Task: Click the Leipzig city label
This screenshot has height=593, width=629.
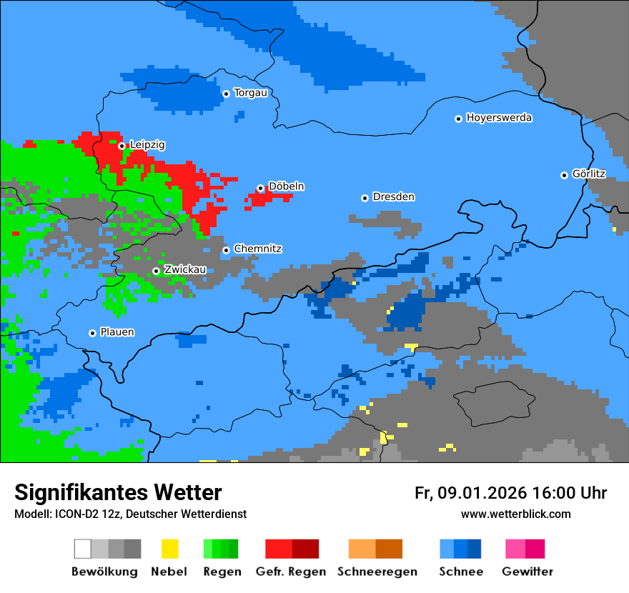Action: tap(147, 145)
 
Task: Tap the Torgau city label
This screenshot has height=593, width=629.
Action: tap(250, 93)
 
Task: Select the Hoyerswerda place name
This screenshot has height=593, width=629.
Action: tap(499, 118)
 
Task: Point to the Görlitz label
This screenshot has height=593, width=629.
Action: tap(589, 174)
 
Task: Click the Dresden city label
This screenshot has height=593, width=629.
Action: tap(393, 197)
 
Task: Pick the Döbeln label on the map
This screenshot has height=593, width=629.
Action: tap(286, 186)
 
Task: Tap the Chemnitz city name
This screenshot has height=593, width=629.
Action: tap(257, 249)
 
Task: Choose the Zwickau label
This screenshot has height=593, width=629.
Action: tap(185, 270)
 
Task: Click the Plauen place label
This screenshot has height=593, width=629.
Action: tap(117, 332)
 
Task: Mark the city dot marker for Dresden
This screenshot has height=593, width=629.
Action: tap(365, 198)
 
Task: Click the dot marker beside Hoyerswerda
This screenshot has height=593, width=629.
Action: tap(458, 119)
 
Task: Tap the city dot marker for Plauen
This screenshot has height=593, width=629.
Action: tap(92, 333)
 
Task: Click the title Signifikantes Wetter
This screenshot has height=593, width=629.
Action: tap(118, 493)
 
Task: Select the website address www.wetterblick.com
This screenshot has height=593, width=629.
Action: tap(515, 514)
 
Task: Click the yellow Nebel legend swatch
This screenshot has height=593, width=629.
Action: tap(169, 549)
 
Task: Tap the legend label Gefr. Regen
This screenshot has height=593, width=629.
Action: tap(291, 572)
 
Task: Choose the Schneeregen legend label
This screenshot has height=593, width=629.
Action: tap(377, 572)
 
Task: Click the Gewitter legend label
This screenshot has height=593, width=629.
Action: tap(527, 572)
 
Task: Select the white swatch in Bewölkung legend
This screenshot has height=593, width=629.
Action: tap(83, 549)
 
